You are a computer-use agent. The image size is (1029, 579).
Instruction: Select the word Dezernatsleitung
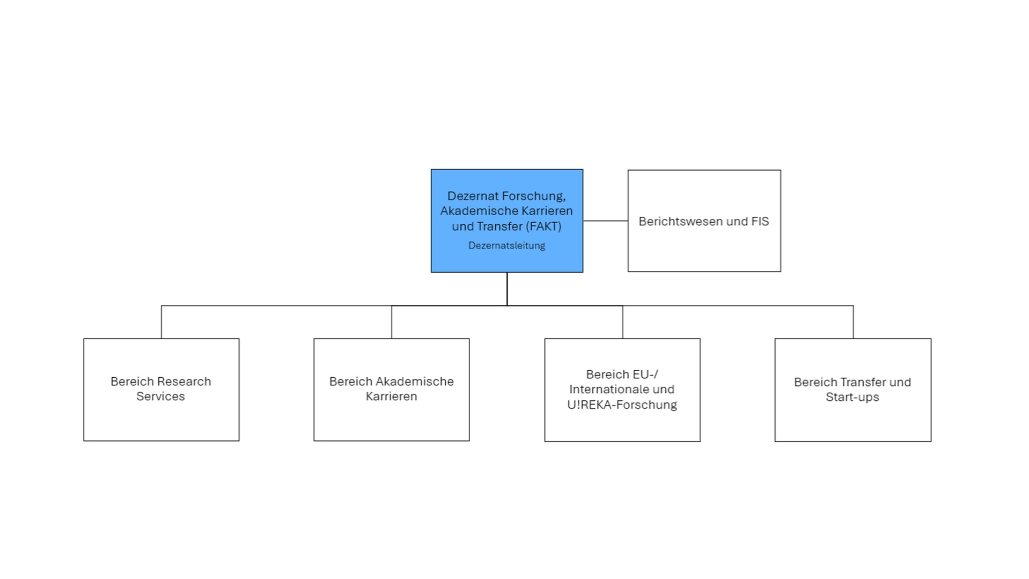point(506,246)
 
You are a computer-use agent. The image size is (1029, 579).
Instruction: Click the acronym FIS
point(760,222)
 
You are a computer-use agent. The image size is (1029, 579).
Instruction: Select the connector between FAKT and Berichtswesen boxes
point(605,221)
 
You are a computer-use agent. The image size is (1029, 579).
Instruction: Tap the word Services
point(160,397)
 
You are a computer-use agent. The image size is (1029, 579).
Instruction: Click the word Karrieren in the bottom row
point(391,397)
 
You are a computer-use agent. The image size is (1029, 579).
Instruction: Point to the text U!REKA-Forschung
point(622,405)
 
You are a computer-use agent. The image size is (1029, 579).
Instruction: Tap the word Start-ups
point(852,398)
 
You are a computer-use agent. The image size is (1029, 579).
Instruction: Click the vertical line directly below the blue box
point(506,289)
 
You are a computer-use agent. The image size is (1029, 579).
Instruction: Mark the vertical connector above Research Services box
point(161,322)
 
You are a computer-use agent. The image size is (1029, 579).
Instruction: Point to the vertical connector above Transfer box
point(853,322)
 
